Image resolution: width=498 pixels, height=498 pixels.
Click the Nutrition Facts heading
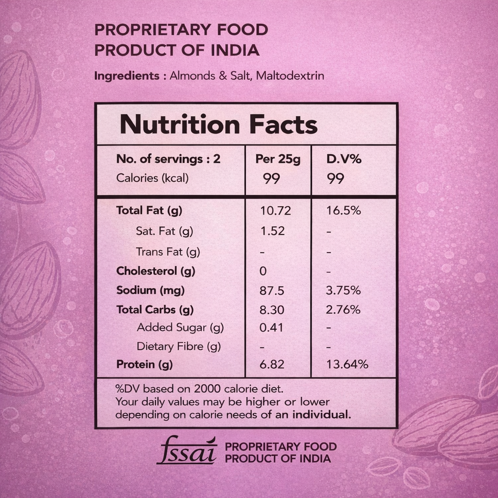[x=218, y=125]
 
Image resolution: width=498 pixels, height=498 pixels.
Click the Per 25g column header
[x=278, y=159]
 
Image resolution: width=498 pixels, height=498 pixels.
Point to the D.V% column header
[x=344, y=159]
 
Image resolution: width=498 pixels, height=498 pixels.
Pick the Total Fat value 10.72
[x=275, y=211]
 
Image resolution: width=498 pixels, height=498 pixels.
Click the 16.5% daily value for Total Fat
[x=343, y=211]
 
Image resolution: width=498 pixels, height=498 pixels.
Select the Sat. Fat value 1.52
[x=272, y=231]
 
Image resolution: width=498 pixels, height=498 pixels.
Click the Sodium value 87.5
[x=272, y=291]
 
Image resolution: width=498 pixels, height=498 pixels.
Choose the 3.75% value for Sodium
[x=343, y=291]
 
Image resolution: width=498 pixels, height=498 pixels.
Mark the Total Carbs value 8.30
[x=272, y=310]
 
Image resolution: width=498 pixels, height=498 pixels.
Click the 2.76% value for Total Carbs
[x=343, y=310]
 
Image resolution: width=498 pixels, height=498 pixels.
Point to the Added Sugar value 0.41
[x=271, y=328]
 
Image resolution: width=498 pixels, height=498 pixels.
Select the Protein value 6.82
[x=272, y=364]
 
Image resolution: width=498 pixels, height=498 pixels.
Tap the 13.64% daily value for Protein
[x=347, y=364]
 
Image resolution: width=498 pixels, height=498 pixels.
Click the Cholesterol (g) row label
[x=156, y=271]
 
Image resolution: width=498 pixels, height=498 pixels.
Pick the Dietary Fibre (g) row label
[x=178, y=346]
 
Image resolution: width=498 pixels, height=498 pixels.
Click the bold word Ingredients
[x=126, y=76]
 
